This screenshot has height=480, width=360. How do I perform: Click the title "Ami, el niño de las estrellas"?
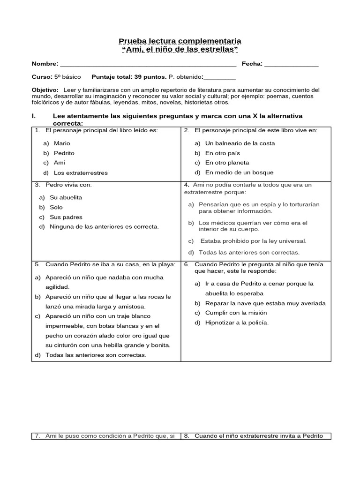click(180, 49)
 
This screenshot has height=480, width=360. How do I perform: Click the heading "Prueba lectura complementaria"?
click(180, 41)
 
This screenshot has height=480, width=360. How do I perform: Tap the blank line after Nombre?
click(148, 65)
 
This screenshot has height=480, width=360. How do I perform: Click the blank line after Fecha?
click(291, 65)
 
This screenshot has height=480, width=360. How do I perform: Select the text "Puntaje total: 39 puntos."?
click(129, 76)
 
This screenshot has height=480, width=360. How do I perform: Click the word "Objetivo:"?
click(45, 89)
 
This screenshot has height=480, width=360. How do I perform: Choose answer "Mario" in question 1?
click(61, 143)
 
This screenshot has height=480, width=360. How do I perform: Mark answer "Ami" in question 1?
click(59, 163)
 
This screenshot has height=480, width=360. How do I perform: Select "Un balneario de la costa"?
click(240, 143)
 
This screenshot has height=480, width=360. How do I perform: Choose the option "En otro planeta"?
click(227, 163)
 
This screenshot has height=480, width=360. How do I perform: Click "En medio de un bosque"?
click(239, 172)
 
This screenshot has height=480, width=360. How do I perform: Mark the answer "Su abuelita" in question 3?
click(66, 197)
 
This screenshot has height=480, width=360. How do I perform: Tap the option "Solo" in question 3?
click(56, 207)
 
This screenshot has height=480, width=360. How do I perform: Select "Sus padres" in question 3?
click(66, 217)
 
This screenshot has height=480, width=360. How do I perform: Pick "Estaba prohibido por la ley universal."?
click(253, 241)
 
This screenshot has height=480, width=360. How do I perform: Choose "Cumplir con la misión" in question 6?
click(236, 313)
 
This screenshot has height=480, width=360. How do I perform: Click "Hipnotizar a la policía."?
click(237, 322)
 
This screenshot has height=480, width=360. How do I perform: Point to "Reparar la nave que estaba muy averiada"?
click(265, 303)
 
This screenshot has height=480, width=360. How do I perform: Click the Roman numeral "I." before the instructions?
click(33, 116)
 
